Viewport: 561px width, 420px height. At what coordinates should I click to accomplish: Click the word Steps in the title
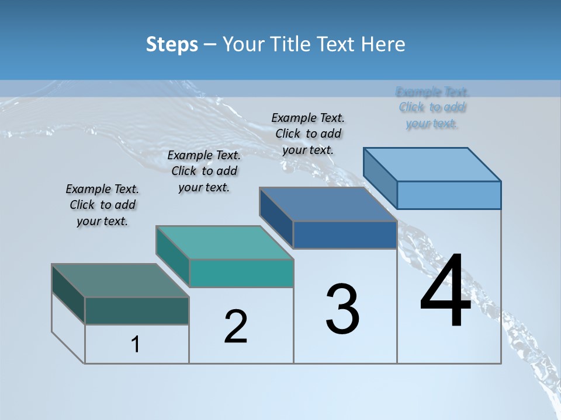pyautogui.click(x=172, y=44)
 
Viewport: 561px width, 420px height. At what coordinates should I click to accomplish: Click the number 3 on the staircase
pyautogui.click(x=342, y=309)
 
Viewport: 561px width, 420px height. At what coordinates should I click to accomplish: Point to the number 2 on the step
pyautogui.click(x=236, y=326)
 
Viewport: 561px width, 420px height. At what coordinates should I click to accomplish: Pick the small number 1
pyautogui.click(x=136, y=345)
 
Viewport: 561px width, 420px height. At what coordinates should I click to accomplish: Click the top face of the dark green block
pyautogui.click(x=120, y=281)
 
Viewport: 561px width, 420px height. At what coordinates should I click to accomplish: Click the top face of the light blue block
pyautogui.click(x=432, y=164)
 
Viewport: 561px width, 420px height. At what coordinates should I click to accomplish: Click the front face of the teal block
pyautogui.click(x=241, y=274)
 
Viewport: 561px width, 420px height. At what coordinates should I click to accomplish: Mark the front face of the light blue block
pyautogui.click(x=449, y=195)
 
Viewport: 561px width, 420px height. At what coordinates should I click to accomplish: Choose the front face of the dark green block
pyautogui.click(x=137, y=310)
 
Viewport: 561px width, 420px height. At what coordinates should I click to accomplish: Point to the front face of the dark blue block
pyautogui.click(x=345, y=235)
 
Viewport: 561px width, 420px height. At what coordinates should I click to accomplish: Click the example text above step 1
pyautogui.click(x=102, y=205)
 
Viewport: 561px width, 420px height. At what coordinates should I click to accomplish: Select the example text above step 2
pyautogui.click(x=204, y=171)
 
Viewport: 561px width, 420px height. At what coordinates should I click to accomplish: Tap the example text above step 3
pyautogui.click(x=308, y=134)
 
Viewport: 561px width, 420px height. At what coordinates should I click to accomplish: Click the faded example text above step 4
pyautogui.click(x=432, y=107)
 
